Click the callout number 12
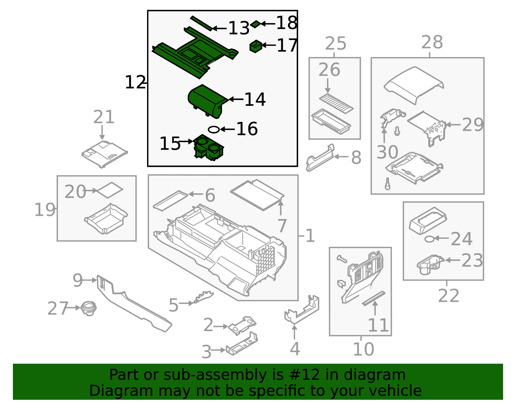[x=135, y=82]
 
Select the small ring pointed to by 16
[x=213, y=129]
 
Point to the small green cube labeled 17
[x=255, y=46]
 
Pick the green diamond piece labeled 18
[x=255, y=24]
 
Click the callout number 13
[x=239, y=28]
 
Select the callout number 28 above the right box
[x=432, y=42]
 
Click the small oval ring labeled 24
[x=429, y=239]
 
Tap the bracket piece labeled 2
[x=242, y=325]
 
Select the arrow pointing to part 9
[x=90, y=280]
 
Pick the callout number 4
[x=295, y=349]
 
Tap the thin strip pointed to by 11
[x=373, y=298]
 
